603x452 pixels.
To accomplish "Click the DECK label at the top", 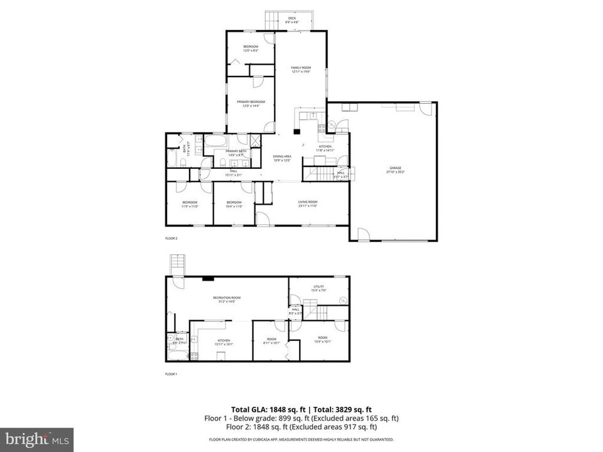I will [292, 19].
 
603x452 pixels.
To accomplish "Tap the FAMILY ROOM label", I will [301, 69].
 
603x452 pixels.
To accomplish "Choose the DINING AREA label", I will [281, 158].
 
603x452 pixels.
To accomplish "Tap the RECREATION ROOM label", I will [227, 299].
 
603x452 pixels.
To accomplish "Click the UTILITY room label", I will [318, 288].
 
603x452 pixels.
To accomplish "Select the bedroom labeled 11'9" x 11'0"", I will [190, 203].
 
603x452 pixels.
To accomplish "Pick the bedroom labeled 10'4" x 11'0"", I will [234, 203].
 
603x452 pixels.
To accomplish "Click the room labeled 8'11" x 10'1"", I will [271, 340].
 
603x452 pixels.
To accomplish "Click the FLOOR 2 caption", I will [171, 239].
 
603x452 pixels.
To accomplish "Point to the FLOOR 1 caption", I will [171, 374].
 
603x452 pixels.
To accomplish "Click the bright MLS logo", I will [36, 438].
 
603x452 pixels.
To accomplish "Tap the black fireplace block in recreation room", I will [208, 278].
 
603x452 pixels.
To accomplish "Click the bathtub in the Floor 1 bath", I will [177, 356].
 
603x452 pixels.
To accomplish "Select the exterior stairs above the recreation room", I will [177, 264].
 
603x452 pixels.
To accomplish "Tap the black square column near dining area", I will [297, 132].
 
